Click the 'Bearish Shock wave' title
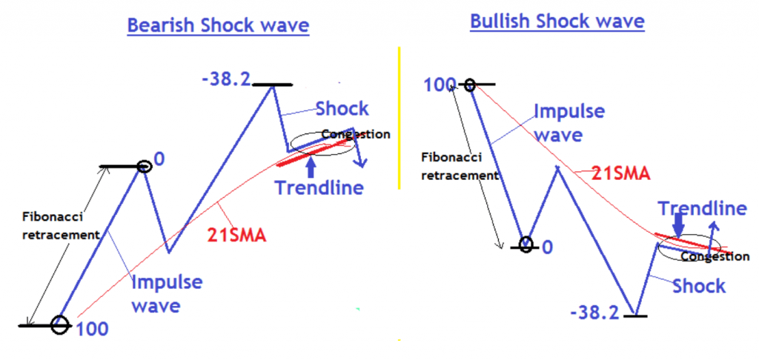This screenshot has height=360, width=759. point(218,26)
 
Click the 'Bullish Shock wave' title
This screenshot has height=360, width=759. point(557,21)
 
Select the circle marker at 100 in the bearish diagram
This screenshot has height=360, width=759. point(59,324)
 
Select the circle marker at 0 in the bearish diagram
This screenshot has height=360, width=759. point(144,167)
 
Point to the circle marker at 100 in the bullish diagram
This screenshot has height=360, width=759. point(470,85)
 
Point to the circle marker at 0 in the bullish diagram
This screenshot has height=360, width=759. point(526,244)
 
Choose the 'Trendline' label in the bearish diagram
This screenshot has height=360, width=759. point(319,187)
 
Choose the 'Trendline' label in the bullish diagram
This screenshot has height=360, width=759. point(703,209)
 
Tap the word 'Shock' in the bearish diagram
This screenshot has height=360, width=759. point(342,109)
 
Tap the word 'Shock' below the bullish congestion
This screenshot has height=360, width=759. point(699,285)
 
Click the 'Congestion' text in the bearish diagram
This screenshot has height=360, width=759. point(357,135)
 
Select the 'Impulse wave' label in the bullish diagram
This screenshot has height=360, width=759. point(569,123)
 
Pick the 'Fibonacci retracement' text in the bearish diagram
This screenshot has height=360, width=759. point(60,227)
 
